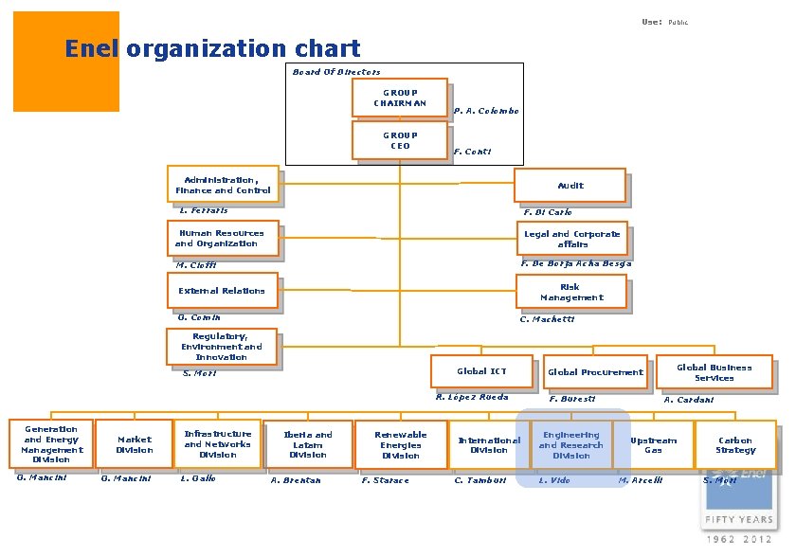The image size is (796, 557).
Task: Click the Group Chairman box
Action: click(x=399, y=98)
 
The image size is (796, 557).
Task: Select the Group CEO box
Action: click(x=399, y=140)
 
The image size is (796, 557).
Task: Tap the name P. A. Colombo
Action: click(x=486, y=111)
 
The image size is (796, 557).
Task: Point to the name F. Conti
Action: click(x=472, y=152)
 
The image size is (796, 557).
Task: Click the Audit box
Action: click(x=570, y=186)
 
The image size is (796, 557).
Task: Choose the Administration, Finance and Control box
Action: click(x=224, y=185)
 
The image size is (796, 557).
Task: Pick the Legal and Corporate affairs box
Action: click(x=572, y=239)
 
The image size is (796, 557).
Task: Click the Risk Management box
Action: click(x=570, y=292)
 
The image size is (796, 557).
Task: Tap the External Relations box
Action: click(x=223, y=291)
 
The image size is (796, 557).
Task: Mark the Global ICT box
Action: click(x=481, y=371)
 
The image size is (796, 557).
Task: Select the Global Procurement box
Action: click(x=595, y=372)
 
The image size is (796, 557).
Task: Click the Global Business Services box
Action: click(x=714, y=372)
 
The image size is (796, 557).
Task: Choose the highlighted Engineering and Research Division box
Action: click(x=571, y=445)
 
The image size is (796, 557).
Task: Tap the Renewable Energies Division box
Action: click(x=400, y=445)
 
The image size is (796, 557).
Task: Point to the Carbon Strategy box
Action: click(x=734, y=445)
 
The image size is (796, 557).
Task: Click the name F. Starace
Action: click(x=386, y=480)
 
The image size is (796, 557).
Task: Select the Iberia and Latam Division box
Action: click(x=308, y=444)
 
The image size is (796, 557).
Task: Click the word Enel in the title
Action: click(x=91, y=48)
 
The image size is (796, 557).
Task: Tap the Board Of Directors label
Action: click(x=336, y=72)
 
